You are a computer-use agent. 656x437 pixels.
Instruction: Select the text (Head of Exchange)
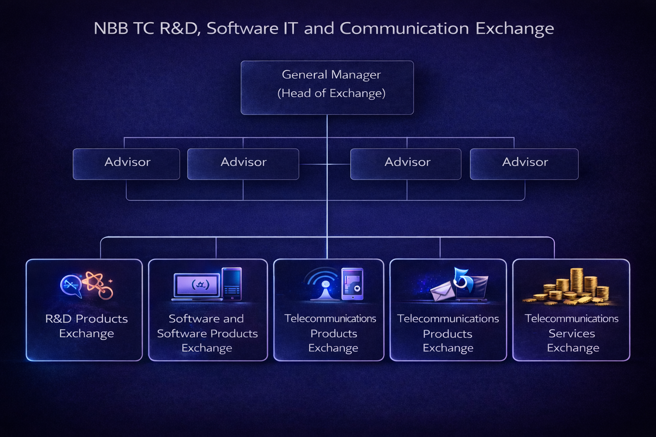point(331,93)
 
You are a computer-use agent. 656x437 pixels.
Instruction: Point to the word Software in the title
point(243,29)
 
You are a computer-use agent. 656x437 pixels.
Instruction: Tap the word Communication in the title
point(404,29)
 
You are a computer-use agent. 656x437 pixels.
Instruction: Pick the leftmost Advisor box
point(126,164)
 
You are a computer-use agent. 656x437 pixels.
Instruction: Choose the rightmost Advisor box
point(524,164)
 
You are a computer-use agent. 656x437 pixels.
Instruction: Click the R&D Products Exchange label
point(87,326)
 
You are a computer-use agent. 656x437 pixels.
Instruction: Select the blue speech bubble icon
point(70,285)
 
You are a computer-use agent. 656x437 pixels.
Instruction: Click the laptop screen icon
point(197,285)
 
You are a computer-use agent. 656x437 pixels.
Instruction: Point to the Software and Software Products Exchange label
point(207,333)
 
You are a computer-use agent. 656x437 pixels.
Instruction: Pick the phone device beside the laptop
point(232,283)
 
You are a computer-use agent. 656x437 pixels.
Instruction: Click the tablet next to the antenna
point(352,284)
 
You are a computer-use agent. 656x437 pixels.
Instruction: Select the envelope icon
point(442,292)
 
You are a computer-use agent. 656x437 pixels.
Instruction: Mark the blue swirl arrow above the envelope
point(463,280)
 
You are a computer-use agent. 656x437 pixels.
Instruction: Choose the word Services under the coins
point(571,333)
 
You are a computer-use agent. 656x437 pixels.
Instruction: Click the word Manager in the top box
point(355,75)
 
